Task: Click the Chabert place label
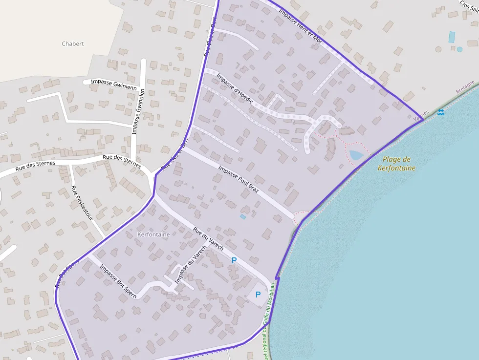73,43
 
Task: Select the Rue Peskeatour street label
82,203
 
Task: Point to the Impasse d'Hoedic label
235,88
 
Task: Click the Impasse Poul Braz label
238,179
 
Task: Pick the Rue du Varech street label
208,239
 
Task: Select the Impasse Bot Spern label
118,281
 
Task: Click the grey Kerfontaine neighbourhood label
154,234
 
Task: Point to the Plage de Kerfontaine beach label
396,164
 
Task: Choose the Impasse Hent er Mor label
300,26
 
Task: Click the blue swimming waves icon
441,112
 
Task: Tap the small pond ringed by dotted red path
356,155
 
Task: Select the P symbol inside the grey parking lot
258,295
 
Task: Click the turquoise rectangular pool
452,37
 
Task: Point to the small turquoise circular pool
459,49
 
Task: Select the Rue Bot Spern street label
66,274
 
